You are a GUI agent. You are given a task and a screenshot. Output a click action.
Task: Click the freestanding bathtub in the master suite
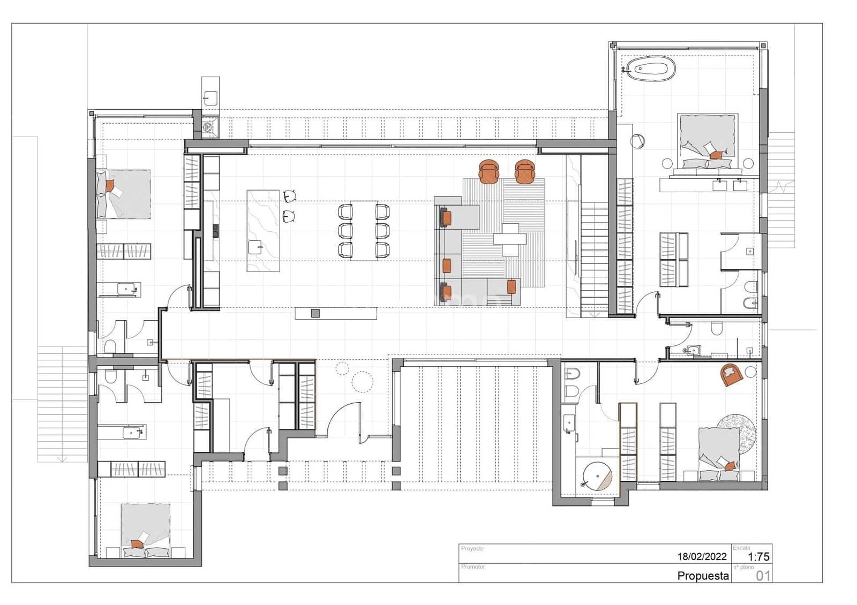click(x=651, y=69)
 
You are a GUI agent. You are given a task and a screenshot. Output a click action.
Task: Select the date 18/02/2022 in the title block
click(x=702, y=556)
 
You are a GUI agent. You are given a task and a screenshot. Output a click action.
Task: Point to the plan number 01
click(x=763, y=576)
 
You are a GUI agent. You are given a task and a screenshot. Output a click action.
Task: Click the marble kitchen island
click(x=263, y=231)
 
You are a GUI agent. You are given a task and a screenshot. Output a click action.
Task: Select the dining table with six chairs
click(x=364, y=231)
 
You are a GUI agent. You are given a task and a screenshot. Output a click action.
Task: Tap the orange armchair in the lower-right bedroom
click(x=731, y=374)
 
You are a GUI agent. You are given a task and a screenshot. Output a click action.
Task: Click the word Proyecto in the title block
click(x=472, y=549)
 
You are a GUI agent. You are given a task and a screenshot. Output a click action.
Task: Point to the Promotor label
click(x=473, y=566)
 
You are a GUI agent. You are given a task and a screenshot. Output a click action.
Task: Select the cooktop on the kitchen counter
click(x=215, y=231)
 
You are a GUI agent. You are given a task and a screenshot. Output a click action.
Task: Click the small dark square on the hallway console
click(x=315, y=313)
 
